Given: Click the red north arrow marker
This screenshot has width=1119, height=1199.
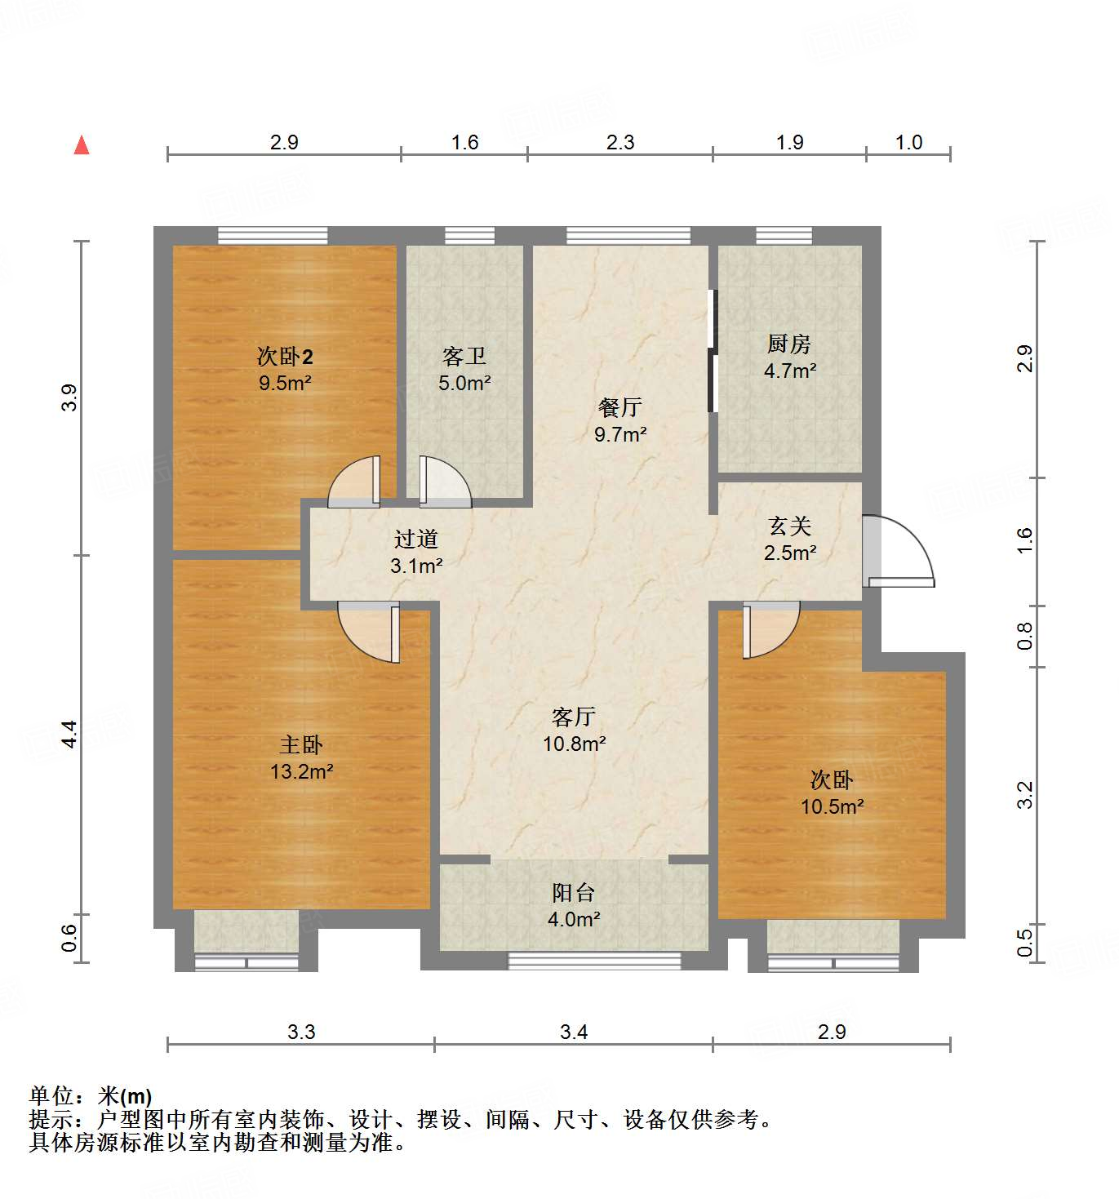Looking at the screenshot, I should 82,145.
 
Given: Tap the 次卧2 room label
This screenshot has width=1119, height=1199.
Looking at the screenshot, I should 285,357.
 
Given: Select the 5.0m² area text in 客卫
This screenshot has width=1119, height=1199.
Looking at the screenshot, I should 464,383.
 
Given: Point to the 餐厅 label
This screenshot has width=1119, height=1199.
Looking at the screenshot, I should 619,406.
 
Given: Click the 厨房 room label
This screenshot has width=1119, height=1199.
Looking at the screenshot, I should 789,344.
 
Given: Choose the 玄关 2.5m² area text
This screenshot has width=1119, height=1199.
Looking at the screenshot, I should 790,553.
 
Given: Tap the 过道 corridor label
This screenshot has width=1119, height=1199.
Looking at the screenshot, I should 416,539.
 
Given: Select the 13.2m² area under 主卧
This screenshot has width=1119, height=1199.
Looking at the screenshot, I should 301,771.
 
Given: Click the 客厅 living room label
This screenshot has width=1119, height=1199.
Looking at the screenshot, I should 574,717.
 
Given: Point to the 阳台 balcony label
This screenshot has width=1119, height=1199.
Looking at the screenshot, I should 574,893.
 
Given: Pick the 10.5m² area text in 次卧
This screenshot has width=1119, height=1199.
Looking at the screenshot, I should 832,806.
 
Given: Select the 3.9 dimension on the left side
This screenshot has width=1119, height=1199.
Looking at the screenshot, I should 70,397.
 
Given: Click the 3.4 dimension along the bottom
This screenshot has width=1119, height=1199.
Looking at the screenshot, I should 574,1032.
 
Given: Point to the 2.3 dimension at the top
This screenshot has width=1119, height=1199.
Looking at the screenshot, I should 619,143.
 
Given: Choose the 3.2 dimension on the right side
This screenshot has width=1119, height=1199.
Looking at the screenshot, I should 1025,794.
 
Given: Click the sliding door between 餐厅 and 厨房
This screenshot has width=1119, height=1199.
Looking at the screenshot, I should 713,351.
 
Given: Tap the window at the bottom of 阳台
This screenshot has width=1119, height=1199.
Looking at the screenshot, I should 593,961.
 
